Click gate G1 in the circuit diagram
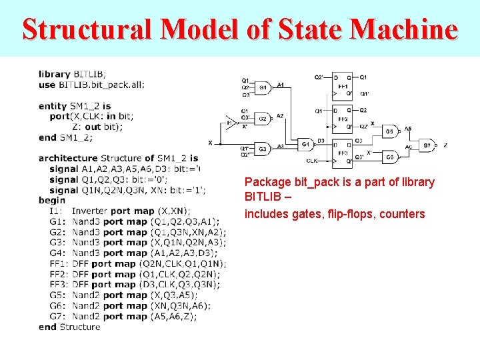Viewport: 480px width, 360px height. pyautogui.click(x=262, y=87)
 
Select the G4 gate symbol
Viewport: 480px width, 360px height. pyautogui.click(x=305, y=144)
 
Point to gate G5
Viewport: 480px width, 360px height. pyautogui.click(x=389, y=131)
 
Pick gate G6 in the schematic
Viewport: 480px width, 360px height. pyautogui.click(x=389, y=157)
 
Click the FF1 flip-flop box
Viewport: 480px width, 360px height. pyautogui.click(x=343, y=85)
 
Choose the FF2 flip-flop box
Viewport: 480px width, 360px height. pyautogui.click(x=343, y=119)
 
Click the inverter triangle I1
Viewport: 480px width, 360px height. pyautogui.click(x=229, y=122)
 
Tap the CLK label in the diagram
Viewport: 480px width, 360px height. pyautogui.click(x=311, y=161)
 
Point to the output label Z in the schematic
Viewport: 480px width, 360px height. pyautogui.click(x=445, y=145)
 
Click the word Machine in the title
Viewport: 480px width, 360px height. pyautogui.click(x=404, y=29)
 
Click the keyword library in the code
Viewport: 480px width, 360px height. pyautogui.click(x=55, y=74)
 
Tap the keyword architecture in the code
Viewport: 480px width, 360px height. pyautogui.click(x=68, y=158)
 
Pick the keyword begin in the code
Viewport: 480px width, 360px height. pyautogui.click(x=52, y=200)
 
